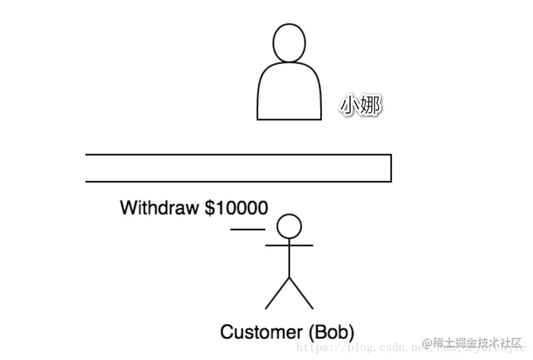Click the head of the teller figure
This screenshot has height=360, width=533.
tap(289, 43)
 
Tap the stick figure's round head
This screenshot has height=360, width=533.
tap(289, 226)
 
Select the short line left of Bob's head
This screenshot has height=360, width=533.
tap(248, 229)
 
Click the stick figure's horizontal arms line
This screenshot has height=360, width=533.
tap(289, 245)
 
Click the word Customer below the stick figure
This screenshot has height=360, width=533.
tap(261, 332)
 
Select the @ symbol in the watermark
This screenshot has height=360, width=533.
tap(427, 343)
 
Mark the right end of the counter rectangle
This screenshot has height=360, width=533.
tap(390, 168)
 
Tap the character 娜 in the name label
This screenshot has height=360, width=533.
tap(370, 106)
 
